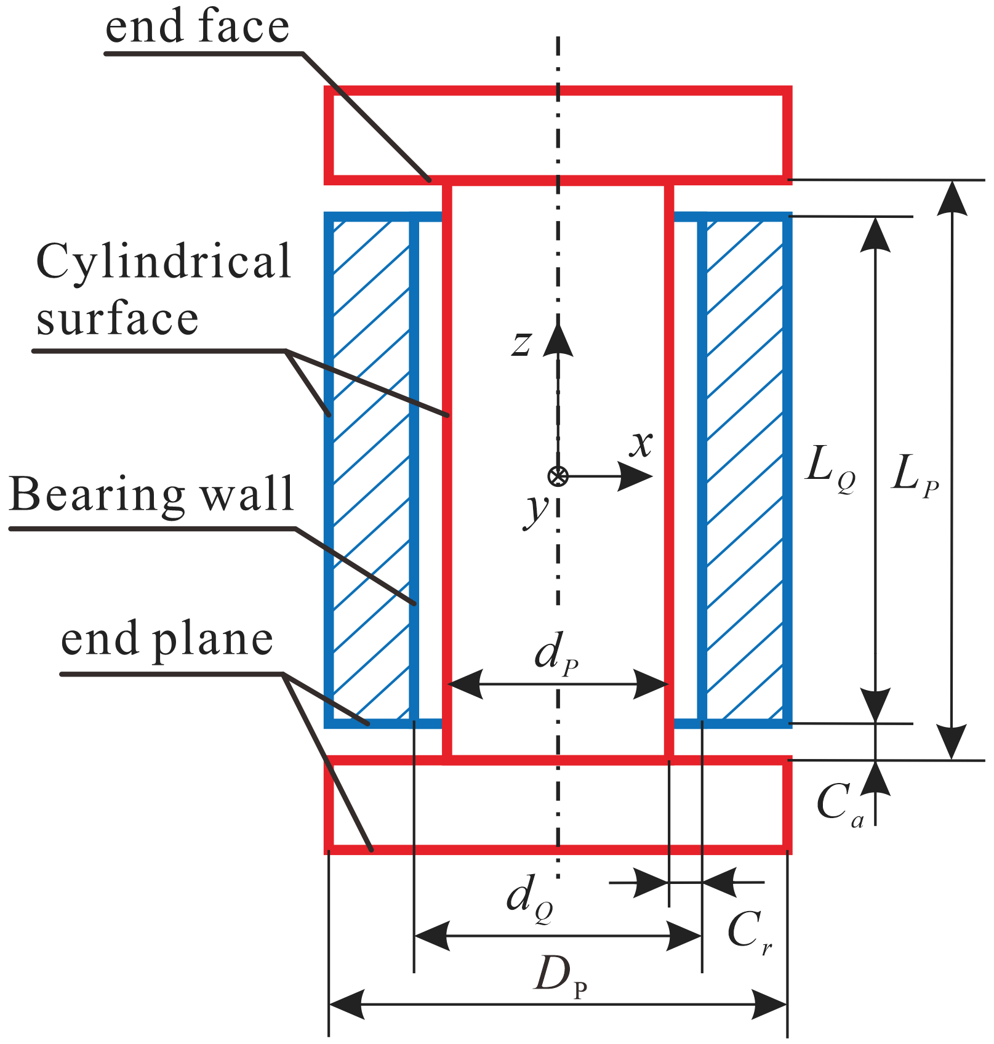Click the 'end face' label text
pyautogui.click(x=197, y=27)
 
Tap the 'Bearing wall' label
pyautogui.click(x=151, y=494)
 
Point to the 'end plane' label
pyautogui.click(x=167, y=640)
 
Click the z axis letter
pyautogui.click(x=521, y=343)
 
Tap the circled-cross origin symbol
pyautogui.click(x=558, y=476)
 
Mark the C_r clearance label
pyautogui.click(x=748, y=933)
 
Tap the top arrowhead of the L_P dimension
pyautogui.click(x=952, y=197)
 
